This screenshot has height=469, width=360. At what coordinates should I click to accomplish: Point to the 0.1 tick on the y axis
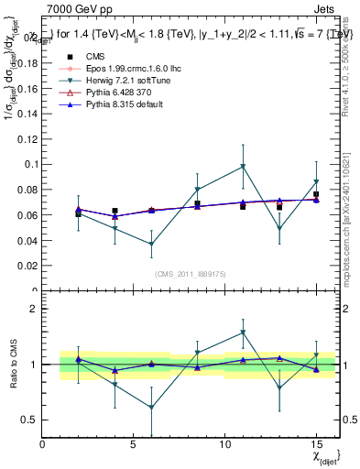[x=32, y=165]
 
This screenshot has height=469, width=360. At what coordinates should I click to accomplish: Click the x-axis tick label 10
[x=225, y=444]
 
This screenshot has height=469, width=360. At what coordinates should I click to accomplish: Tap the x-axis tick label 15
[x=316, y=444]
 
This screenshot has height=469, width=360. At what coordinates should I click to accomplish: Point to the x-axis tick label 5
[x=134, y=444]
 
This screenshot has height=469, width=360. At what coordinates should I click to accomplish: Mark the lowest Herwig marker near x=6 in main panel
[x=152, y=245]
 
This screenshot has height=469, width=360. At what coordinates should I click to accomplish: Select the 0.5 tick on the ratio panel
[x=30, y=420]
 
